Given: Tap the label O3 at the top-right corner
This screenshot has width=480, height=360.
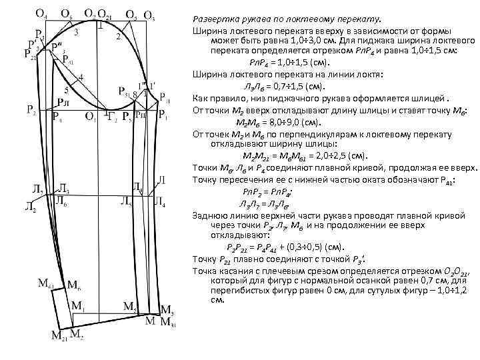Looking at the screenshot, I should pyautogui.click(x=150, y=15).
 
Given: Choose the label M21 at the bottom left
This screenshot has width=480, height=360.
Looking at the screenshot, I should pyautogui.click(x=59, y=335).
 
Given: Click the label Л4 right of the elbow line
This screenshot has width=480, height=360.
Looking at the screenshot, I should pyautogui.click(x=160, y=201).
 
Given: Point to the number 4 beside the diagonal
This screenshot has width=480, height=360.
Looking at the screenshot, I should pyautogui.click(x=81, y=77).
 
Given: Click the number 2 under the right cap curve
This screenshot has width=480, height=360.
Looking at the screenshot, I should pyautogui.click(x=118, y=36).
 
